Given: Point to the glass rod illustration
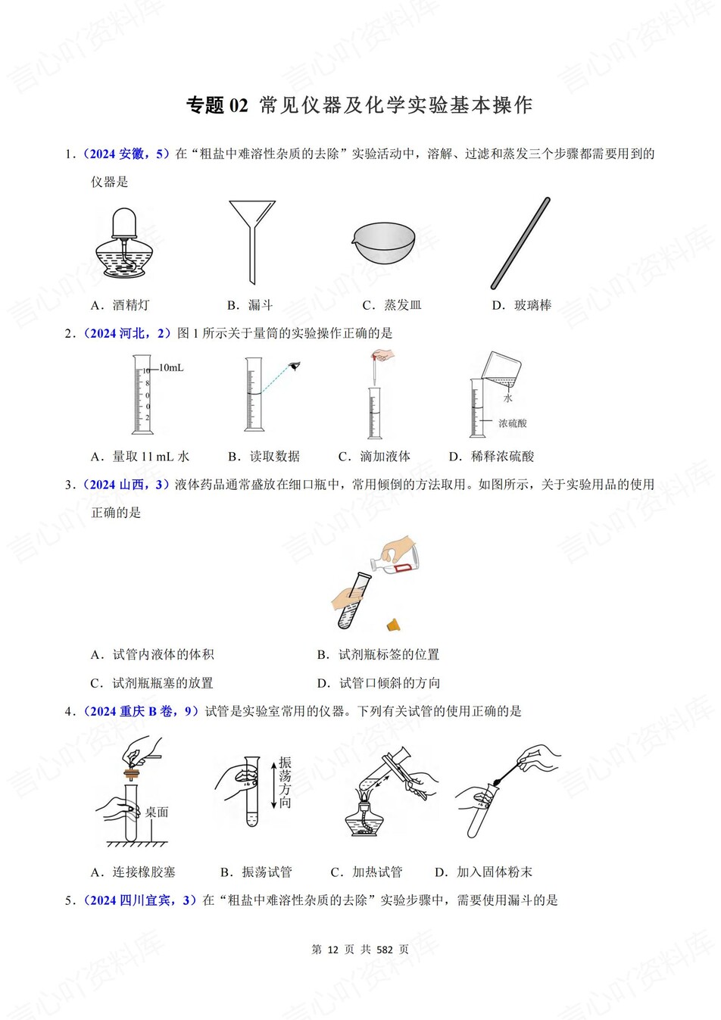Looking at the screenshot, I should click(x=520, y=243).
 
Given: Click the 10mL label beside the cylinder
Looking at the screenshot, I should click(x=171, y=368).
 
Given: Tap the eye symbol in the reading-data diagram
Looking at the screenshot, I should click(x=295, y=367).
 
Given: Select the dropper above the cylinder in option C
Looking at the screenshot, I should click(x=374, y=367).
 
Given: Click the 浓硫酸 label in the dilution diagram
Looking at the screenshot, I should click(x=513, y=423).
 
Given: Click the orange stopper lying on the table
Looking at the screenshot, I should click(x=393, y=625).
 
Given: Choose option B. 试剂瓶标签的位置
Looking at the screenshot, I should click(x=378, y=654).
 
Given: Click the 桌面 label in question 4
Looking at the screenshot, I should click(x=157, y=812).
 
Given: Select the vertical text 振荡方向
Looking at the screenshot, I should click(x=285, y=782).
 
